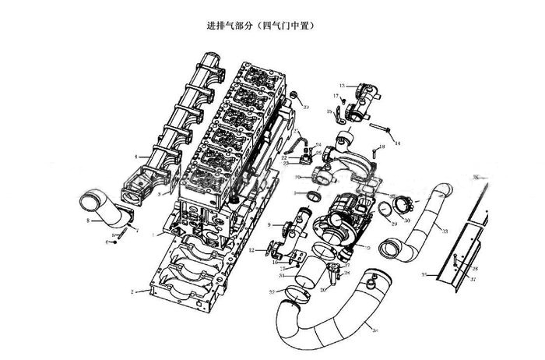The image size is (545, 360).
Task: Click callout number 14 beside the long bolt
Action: pos(397,144)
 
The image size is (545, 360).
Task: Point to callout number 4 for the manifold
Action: pos(136,157)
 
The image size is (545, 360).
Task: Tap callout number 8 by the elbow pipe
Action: pos(88,222)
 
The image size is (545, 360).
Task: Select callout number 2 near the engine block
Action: pos(134,291)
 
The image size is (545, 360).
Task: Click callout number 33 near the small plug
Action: pos(307,107)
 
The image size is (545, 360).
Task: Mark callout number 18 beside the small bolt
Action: pos(381,146)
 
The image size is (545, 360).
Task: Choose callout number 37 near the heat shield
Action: pos(473,279)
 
